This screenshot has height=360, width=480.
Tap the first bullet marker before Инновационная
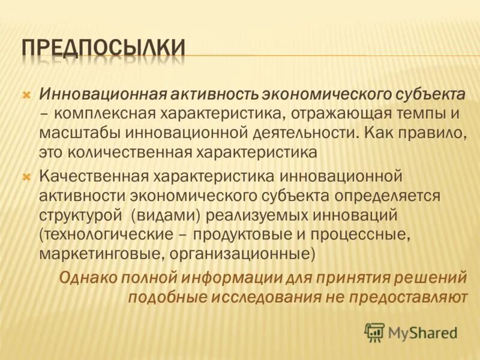[x=26, y=95]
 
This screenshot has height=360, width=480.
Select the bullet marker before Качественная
[x=26, y=177]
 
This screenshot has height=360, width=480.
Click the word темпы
[x=410, y=113]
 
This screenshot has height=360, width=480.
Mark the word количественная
[x=124, y=152]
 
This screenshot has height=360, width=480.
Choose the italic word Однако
[x=87, y=277]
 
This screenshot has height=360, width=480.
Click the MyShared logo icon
[x=374, y=332]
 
